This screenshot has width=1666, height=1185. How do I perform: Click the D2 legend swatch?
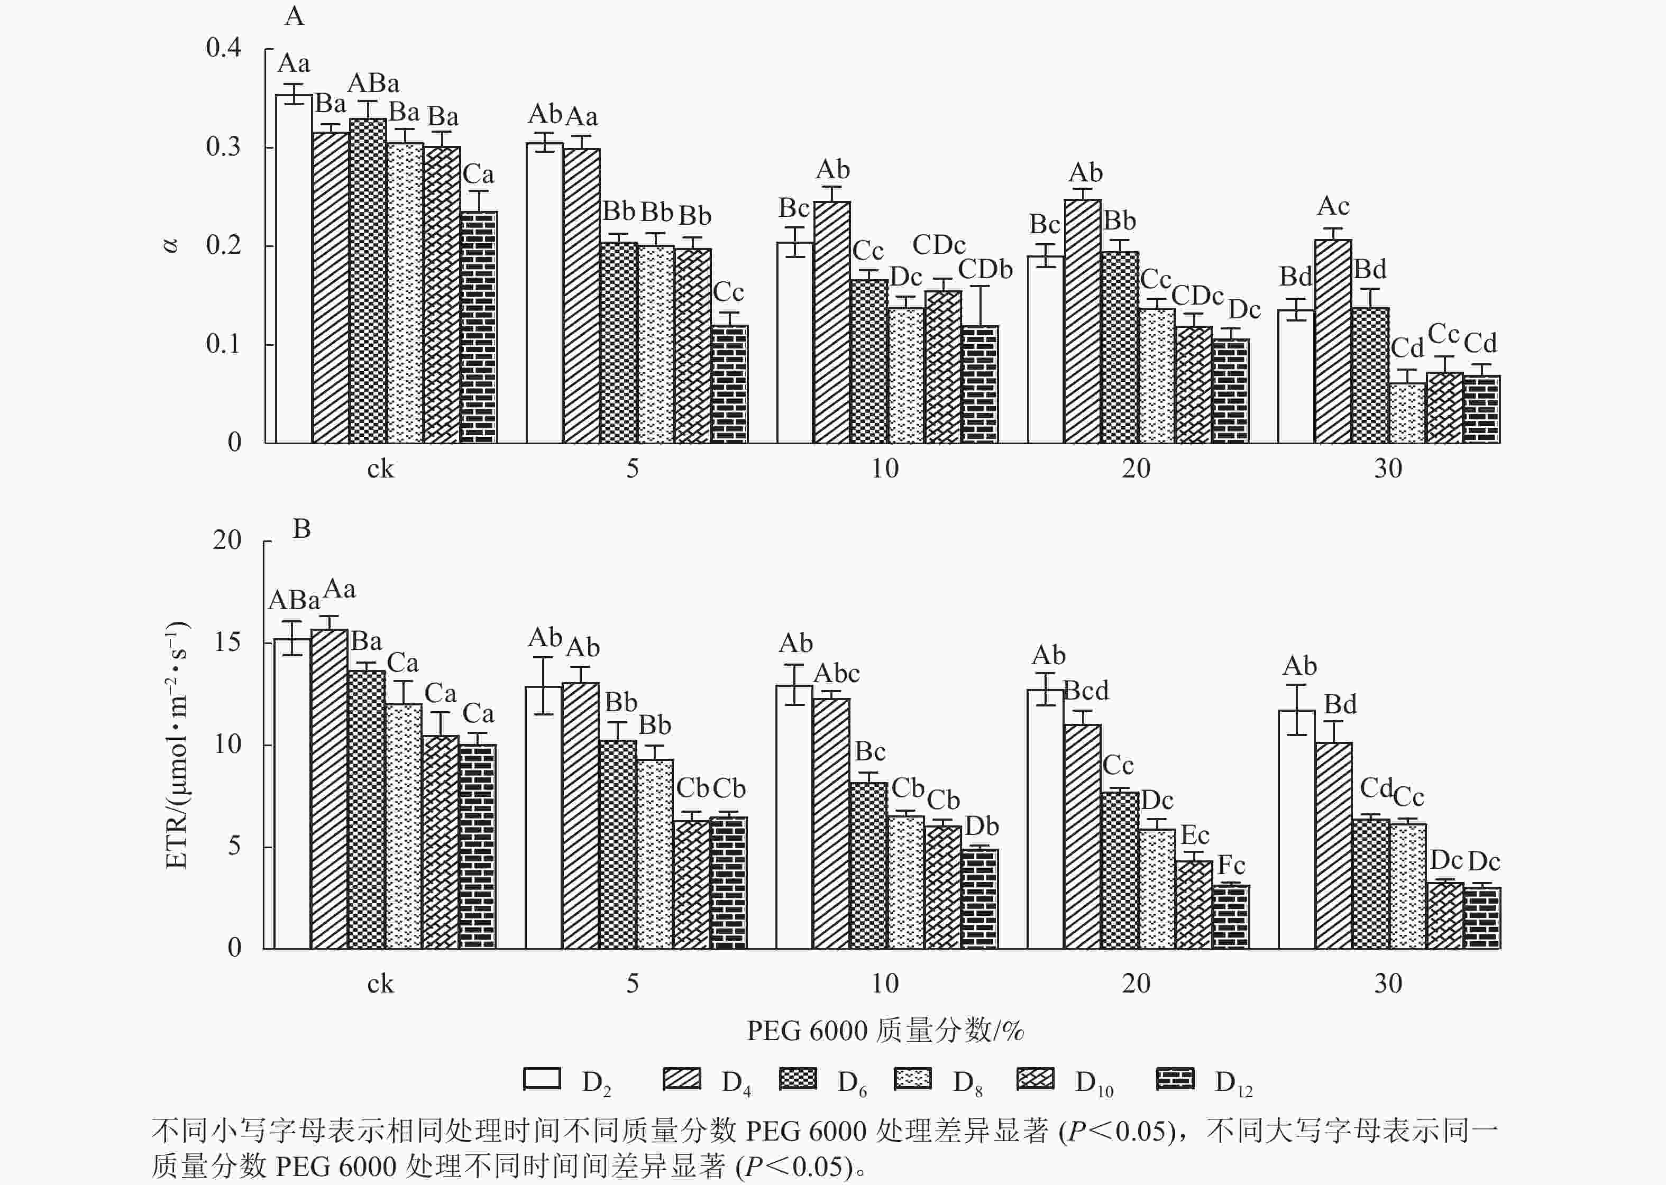(x=542, y=1079)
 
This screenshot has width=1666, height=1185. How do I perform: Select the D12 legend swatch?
(x=1175, y=1079)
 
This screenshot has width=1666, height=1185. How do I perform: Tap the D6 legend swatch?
(x=798, y=1079)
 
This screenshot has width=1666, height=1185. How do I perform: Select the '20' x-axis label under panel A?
(x=1136, y=469)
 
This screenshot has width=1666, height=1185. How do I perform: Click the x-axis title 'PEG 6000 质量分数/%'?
(x=884, y=1030)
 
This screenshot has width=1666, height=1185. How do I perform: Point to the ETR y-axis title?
(x=177, y=745)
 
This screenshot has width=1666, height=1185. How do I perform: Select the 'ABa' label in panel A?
(x=373, y=83)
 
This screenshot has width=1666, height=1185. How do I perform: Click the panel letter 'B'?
(x=301, y=529)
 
